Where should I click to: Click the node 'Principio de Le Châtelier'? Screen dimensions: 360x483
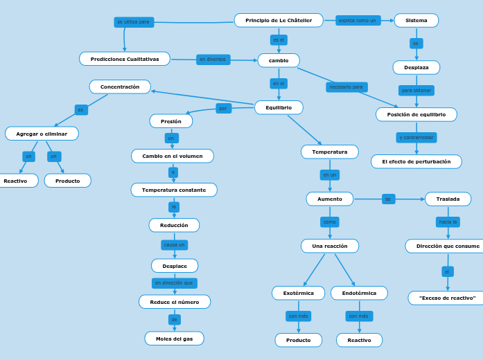pyautogui.click(x=279, y=20)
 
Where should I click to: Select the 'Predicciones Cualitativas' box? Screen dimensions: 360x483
pyautogui.click(x=125, y=59)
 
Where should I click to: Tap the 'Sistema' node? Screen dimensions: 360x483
pyautogui.click(x=416, y=20)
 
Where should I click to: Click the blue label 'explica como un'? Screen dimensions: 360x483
pyautogui.click(x=358, y=20)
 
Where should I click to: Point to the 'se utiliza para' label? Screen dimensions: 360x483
pyautogui.click(x=134, y=22)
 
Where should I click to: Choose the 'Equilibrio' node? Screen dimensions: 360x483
pyautogui.click(x=279, y=107)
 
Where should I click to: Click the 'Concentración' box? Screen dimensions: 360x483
pyautogui.click(x=120, y=87)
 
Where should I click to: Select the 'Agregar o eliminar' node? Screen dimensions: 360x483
pyautogui.click(x=42, y=133)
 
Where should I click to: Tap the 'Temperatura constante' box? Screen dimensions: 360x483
pyautogui.click(x=174, y=190)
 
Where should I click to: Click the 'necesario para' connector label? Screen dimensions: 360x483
pyautogui.click(x=346, y=87)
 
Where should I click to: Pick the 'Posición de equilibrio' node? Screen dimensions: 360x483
pyautogui.click(x=416, y=114)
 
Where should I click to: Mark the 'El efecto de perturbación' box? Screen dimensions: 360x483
pyautogui.click(x=416, y=161)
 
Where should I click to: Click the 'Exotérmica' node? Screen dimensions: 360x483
pyautogui.click(x=298, y=293)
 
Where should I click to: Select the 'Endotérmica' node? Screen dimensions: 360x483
pyautogui.click(x=359, y=293)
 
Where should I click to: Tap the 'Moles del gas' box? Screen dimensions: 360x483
pyautogui.click(x=174, y=339)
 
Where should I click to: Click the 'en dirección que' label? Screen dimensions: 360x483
pyautogui.click(x=174, y=283)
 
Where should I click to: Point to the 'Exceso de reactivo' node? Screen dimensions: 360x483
pyautogui.click(x=447, y=298)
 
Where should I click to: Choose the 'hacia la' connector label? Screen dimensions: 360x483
pyautogui.click(x=448, y=222)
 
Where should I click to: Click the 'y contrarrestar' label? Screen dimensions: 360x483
pyautogui.click(x=416, y=138)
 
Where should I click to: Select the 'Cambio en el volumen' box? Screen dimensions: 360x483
pyautogui.click(x=173, y=156)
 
